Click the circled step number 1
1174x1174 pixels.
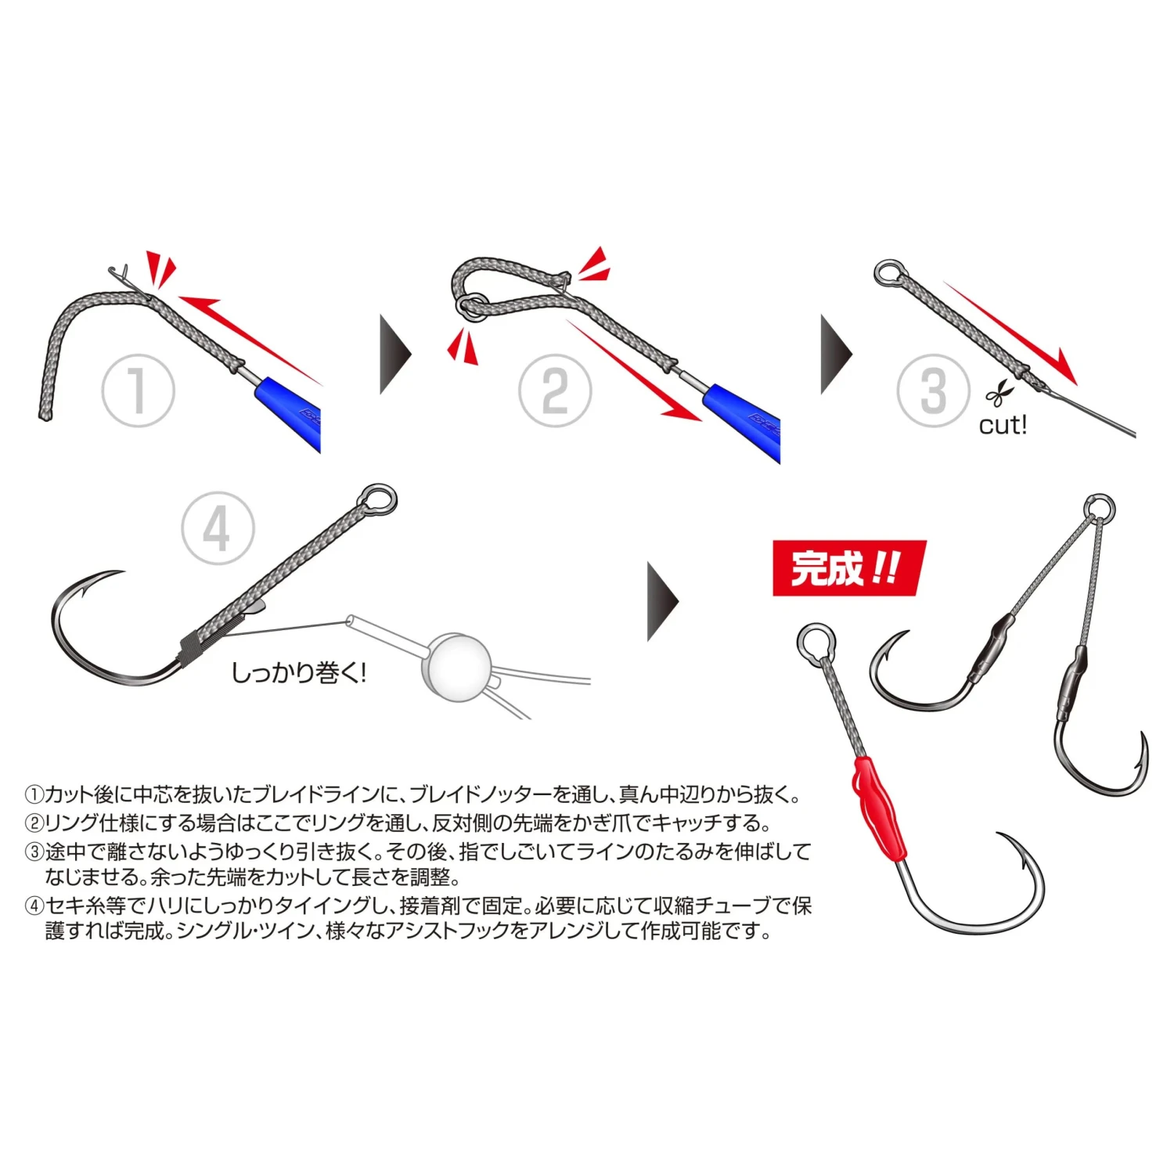(x=138, y=391)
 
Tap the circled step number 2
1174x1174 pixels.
(x=555, y=391)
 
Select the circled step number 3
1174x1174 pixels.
(x=933, y=391)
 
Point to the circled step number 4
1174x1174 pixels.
(x=218, y=528)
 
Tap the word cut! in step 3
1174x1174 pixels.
(x=1002, y=426)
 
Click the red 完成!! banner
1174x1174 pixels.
(x=848, y=568)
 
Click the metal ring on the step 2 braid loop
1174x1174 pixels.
(x=468, y=306)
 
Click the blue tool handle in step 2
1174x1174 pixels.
(x=744, y=421)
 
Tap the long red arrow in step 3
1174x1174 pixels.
(x=1010, y=333)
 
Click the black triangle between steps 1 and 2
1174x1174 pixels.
(x=394, y=355)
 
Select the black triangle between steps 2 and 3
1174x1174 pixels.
(x=835, y=355)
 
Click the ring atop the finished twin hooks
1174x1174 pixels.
(x=1100, y=507)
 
